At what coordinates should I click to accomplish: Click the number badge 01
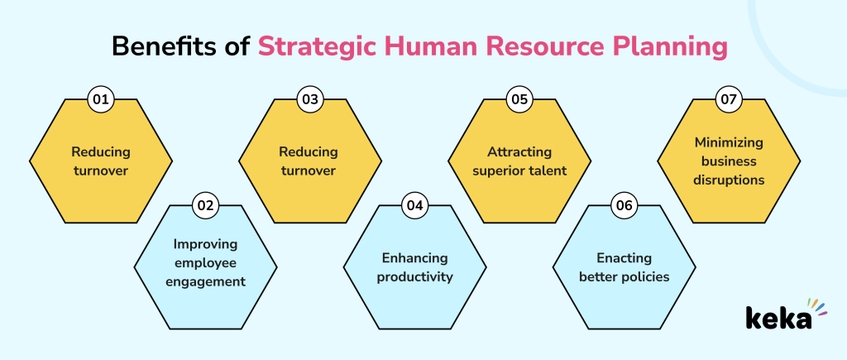pyautogui.click(x=101, y=100)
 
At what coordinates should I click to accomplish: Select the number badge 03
pyautogui.click(x=310, y=100)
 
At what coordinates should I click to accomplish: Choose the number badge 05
pyautogui.click(x=519, y=100)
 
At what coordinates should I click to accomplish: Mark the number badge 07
pyautogui.click(x=729, y=100)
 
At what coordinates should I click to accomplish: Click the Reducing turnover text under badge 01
pyautogui.click(x=101, y=161)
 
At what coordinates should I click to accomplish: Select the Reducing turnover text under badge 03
pyautogui.click(x=309, y=161)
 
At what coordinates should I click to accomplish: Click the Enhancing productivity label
pyautogui.click(x=414, y=267)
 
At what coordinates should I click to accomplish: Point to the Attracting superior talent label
pyautogui.click(x=519, y=161)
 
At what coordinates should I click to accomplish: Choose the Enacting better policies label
pyautogui.click(x=623, y=267)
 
